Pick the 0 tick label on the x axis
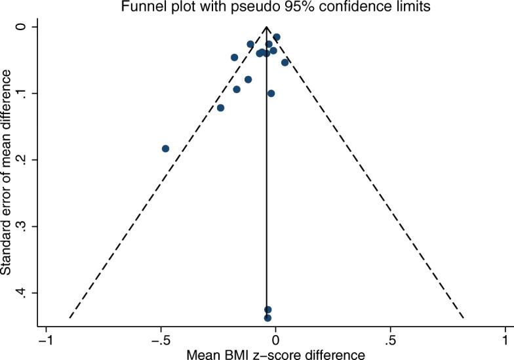(276, 342)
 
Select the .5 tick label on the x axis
(390, 342)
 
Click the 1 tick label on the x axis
(505, 342)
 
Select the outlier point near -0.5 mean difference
(165, 149)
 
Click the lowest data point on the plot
(267, 318)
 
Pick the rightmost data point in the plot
(285, 62)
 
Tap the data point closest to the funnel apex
(277, 37)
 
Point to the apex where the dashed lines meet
(267, 27)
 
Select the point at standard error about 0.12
(220, 108)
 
